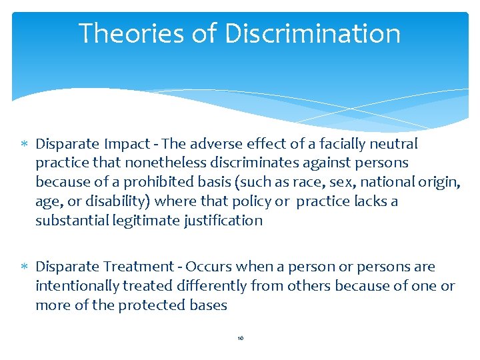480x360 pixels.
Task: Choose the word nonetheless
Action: [137, 163]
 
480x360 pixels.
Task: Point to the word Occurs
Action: [208, 267]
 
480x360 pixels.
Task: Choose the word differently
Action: [208, 286]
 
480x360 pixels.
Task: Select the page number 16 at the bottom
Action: [240, 339]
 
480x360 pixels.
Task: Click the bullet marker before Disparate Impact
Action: [25, 144]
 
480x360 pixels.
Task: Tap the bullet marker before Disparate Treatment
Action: [25, 267]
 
